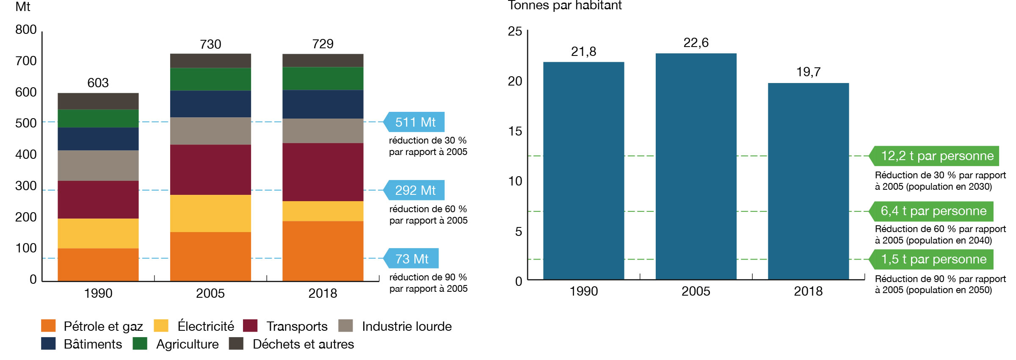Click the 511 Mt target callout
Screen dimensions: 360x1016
[415, 122]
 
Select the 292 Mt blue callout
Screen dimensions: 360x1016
[415, 190]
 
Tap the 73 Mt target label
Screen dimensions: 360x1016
[411, 258]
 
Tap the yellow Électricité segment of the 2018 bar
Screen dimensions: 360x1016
[323, 211]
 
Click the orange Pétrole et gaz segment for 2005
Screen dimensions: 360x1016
[210, 256]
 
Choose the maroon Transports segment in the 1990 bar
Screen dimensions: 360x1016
[98, 199]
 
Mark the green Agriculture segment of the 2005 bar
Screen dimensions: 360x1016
[210, 79]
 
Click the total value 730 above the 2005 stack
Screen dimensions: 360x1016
[210, 44]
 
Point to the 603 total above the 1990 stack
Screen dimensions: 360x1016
[98, 83]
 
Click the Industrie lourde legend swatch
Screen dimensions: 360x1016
[345, 326]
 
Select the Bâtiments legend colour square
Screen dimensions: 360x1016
[48, 343]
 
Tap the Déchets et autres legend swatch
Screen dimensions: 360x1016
[236, 343]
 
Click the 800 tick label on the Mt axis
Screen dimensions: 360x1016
[26, 30]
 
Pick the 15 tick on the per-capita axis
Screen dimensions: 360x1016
[515, 131]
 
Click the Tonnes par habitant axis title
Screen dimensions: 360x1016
[564, 6]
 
